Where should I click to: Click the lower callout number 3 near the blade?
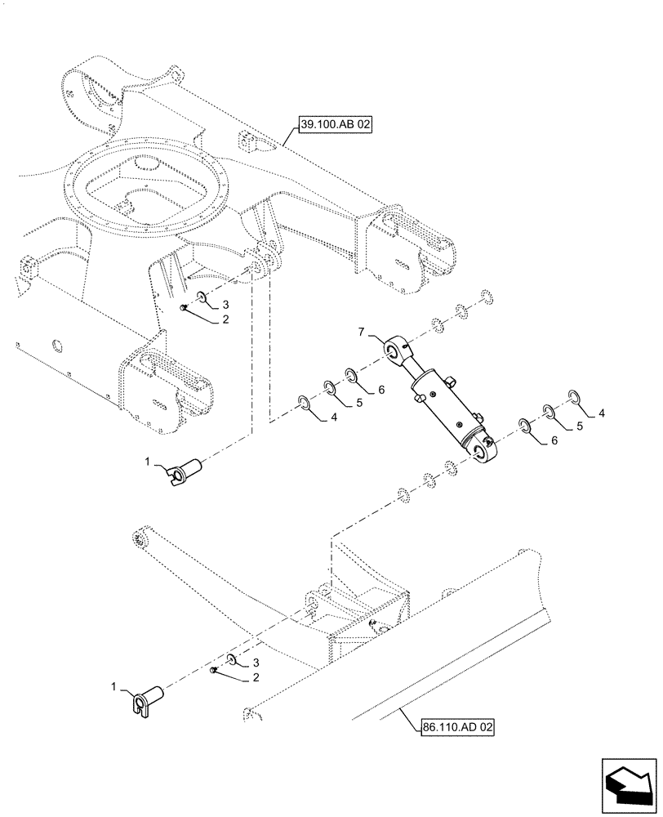click(255, 663)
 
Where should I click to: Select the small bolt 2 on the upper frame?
click(185, 308)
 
